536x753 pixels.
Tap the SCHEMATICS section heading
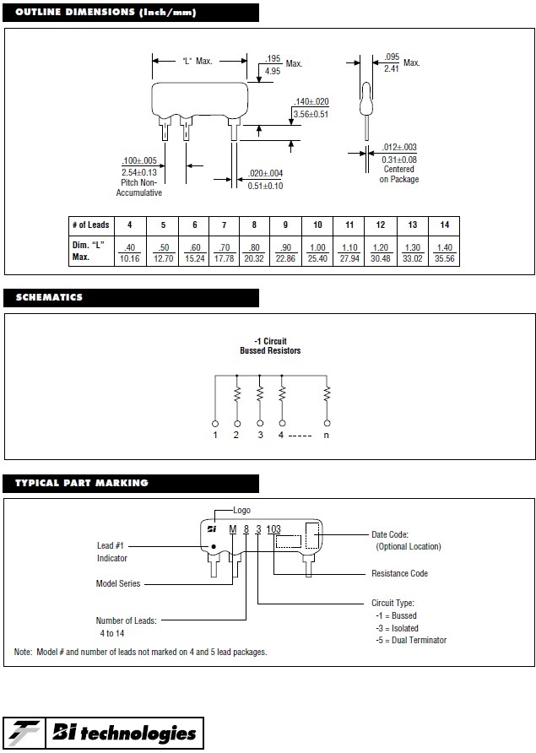tap(49, 297)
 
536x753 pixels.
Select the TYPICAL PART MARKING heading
tap(82, 483)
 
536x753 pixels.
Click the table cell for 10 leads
tap(317, 225)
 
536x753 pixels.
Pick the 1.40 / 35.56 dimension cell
tap(444, 253)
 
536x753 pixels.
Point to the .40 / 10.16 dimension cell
tap(129, 253)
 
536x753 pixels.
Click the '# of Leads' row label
tap(91, 225)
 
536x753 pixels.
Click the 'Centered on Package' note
tap(398, 174)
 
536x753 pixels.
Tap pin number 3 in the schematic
tap(260, 435)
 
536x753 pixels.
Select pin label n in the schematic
tap(327, 435)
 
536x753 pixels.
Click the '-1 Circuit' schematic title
tap(270, 341)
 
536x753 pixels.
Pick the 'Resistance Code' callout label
tap(399, 573)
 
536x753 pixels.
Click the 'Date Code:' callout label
tap(390, 534)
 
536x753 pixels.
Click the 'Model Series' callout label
tap(118, 583)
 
